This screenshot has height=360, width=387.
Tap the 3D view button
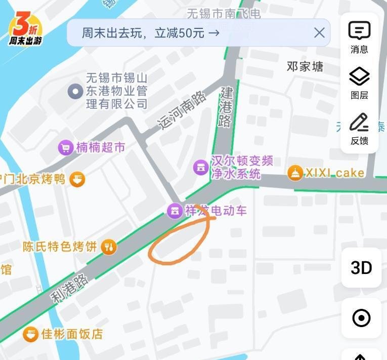(x=361, y=267)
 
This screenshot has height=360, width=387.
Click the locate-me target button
(x=361, y=318)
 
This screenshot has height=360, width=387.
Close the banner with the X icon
(x=319, y=33)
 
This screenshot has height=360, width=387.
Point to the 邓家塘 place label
(x=305, y=66)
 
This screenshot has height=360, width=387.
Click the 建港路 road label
(x=226, y=107)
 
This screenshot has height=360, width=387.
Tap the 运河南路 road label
(x=183, y=111)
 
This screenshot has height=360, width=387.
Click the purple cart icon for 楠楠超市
(x=65, y=148)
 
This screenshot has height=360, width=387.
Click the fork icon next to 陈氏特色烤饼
(x=109, y=247)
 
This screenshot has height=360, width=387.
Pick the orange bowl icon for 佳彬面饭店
(x=30, y=334)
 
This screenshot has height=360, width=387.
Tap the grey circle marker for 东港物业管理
(x=75, y=92)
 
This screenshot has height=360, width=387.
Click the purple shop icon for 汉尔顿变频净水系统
(x=201, y=167)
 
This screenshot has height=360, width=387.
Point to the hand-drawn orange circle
(x=180, y=241)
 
